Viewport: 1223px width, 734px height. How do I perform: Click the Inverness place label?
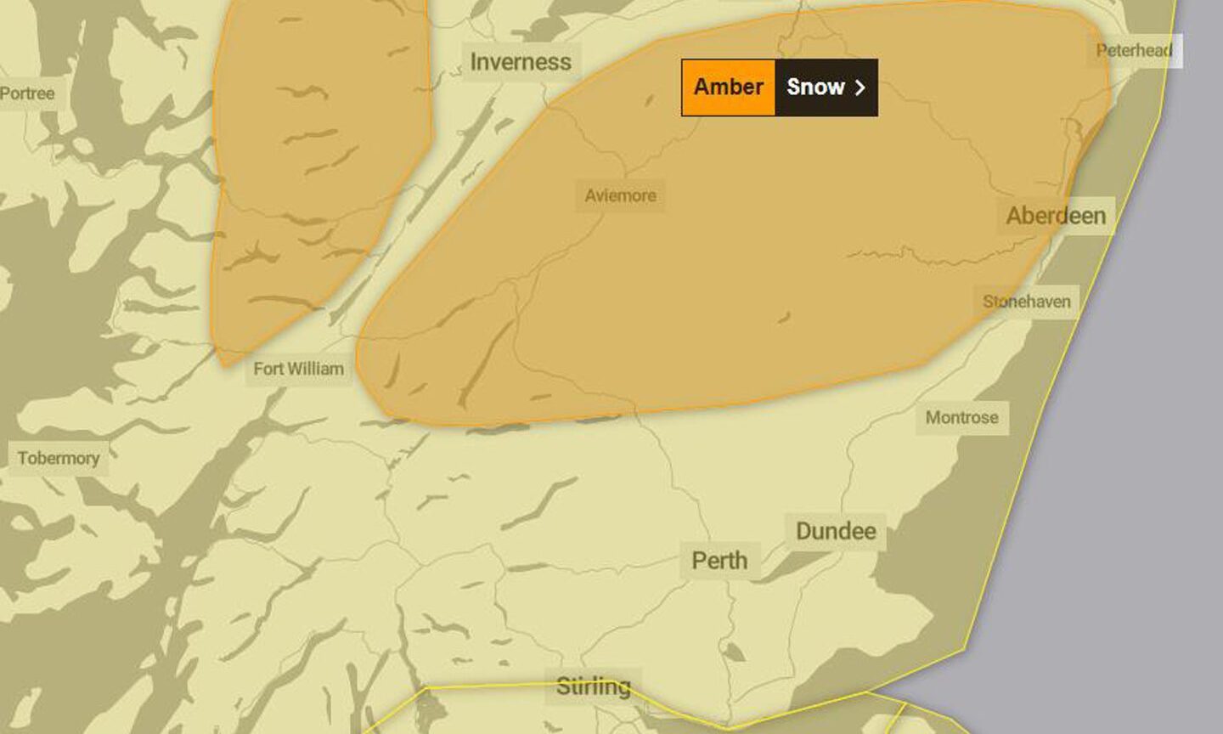521,62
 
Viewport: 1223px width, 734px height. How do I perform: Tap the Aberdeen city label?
1056,216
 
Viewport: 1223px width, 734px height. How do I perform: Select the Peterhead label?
1134,50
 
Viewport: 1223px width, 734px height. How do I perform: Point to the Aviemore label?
620,195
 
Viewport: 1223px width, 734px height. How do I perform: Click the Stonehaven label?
1026,302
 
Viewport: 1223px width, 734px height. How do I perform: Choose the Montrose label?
961,417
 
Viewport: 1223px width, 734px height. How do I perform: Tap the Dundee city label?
836,531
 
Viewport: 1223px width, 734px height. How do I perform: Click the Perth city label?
719,561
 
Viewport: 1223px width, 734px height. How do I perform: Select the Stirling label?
593,686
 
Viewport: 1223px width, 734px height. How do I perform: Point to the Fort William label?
298,369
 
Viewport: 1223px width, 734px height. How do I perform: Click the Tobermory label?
58,458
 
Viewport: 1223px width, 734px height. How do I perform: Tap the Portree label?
27,93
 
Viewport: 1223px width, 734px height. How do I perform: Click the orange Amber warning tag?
728,87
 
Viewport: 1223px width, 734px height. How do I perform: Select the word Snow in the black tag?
814,87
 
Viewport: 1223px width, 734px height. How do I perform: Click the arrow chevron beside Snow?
860,87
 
